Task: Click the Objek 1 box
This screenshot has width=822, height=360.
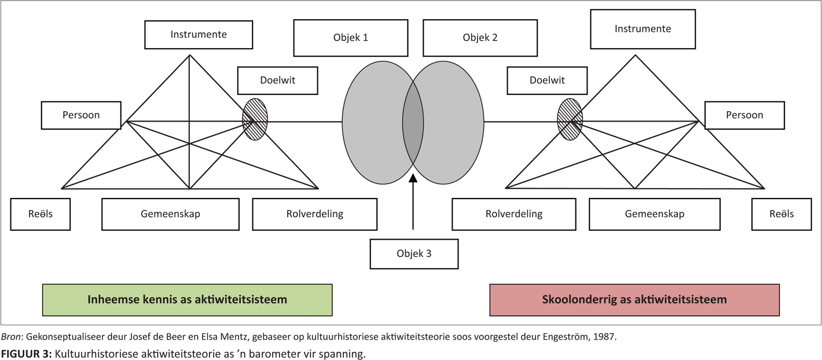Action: (x=350, y=38)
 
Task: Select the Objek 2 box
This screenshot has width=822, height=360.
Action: (x=480, y=38)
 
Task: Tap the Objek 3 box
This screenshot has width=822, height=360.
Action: (x=414, y=254)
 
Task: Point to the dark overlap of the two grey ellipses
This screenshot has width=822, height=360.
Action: (x=413, y=122)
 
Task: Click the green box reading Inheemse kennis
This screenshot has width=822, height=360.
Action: (x=187, y=300)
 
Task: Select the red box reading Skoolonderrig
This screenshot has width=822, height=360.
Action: (x=634, y=300)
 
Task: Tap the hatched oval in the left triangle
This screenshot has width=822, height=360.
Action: (x=255, y=119)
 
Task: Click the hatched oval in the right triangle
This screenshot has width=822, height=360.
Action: (x=570, y=119)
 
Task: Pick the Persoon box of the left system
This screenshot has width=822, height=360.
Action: (x=81, y=115)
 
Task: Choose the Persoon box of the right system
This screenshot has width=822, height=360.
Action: (x=744, y=115)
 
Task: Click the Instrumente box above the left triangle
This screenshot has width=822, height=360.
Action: (x=199, y=35)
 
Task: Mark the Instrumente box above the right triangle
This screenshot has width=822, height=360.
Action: (x=643, y=29)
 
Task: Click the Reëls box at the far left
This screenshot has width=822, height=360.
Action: (x=41, y=214)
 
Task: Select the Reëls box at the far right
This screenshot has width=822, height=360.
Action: (x=781, y=214)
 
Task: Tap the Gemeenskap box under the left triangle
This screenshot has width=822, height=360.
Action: (x=170, y=214)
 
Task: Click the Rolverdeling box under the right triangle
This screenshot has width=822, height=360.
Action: (x=513, y=214)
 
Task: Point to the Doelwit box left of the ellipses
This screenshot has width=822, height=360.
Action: (x=277, y=80)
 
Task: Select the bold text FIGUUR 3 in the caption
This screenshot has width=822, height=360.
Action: (x=25, y=353)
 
